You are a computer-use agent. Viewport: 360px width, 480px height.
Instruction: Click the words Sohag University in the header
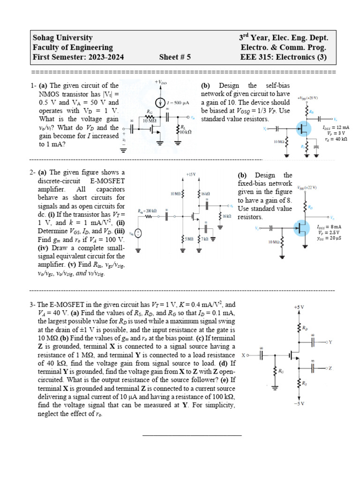tap(62, 38)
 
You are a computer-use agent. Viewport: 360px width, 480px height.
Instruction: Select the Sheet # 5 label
tap(175, 58)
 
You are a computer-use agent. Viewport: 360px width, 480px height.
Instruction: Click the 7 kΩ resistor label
tap(205, 239)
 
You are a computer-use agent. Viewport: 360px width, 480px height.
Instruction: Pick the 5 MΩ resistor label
tap(188, 239)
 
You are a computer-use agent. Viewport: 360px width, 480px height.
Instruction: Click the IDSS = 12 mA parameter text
tap(336, 127)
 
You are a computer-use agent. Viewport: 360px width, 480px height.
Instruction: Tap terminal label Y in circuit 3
tap(330, 343)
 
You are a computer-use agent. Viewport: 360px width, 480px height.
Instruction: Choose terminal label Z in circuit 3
tap(330, 368)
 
